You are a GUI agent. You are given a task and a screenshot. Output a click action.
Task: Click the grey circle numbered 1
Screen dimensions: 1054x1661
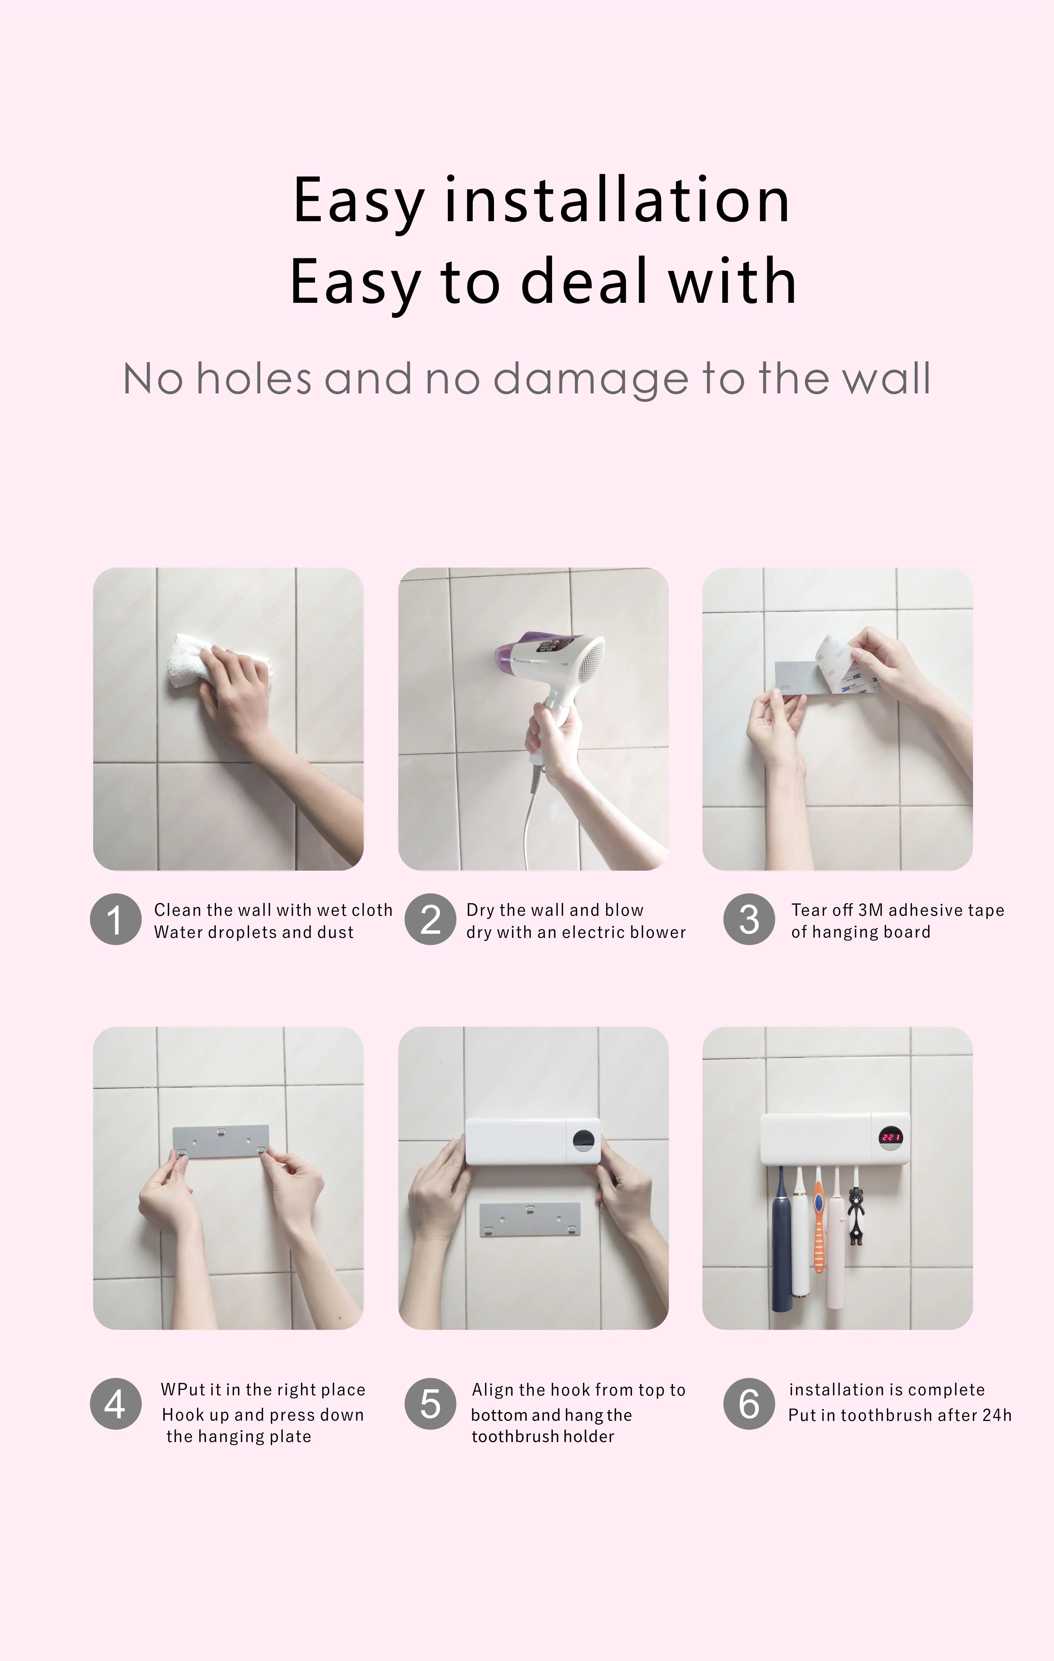(115, 919)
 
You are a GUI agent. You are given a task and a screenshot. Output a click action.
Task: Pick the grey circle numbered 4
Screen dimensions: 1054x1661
(115, 1404)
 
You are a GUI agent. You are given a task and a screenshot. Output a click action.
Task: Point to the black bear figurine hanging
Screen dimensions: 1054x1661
(856, 1215)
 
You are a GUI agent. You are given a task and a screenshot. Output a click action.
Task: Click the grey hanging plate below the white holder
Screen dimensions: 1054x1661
(530, 1220)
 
